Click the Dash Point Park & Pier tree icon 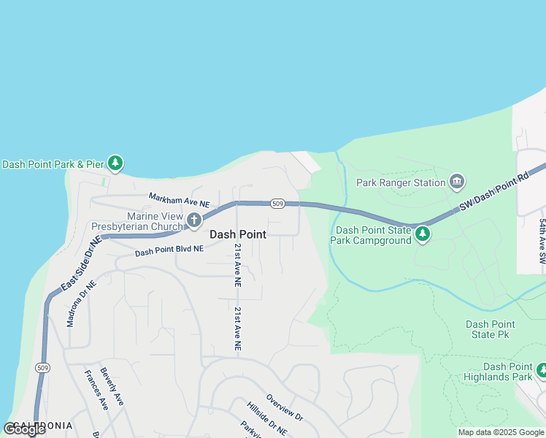[x=115, y=163]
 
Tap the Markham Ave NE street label [x=179, y=199]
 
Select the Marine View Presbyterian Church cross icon [x=193, y=220]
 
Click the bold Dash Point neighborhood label [x=238, y=234]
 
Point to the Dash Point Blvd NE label [x=169, y=250]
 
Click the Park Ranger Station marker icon [x=457, y=182]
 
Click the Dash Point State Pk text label [x=491, y=329]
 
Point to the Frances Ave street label [x=96, y=390]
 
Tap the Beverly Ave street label [x=112, y=385]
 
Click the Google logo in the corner [x=24, y=429]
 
